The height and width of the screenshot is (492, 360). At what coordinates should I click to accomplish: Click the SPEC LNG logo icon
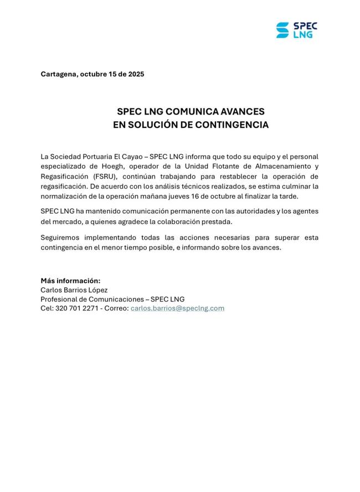282,30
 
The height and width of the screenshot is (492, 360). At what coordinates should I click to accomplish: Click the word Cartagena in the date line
59,74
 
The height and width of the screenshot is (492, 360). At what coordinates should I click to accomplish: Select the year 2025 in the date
135,74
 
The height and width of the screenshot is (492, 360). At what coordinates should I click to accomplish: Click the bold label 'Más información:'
70,281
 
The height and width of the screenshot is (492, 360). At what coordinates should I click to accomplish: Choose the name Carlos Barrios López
74,290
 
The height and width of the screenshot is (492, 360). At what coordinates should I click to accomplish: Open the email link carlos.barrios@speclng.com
177,308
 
